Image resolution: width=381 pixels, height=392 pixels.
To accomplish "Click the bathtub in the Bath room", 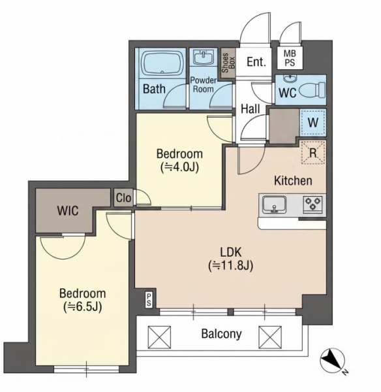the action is point(162,63).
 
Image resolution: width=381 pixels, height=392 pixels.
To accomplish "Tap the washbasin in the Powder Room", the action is point(204,56).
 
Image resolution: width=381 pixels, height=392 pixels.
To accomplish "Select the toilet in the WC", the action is point(312,90).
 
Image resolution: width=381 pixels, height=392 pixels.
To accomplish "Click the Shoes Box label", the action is point(228,63).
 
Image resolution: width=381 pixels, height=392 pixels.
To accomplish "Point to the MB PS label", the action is point(290,58).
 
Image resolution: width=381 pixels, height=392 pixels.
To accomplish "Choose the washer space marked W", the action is point(313,123).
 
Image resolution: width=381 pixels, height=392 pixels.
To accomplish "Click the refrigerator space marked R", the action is point(313,152).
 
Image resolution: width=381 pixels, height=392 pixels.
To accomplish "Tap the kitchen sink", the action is point(274,204).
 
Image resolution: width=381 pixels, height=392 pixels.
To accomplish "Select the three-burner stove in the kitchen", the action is point(312,204).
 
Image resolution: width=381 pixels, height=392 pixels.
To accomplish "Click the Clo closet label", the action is point(123,198).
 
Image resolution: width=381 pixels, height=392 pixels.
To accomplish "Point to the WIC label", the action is point(68,210).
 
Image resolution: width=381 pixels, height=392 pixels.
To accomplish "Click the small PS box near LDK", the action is point(149,299).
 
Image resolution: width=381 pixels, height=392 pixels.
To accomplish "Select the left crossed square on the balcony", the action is point(160,337).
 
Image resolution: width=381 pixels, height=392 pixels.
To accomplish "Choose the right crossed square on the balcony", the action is point(270,337).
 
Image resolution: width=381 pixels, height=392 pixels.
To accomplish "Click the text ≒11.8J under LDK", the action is point(231,265).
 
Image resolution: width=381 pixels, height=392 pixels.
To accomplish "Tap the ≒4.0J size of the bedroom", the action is point(180,167).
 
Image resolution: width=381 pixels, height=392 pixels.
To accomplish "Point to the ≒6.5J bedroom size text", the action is point(83,306).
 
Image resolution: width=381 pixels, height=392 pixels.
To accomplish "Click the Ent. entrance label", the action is point(256,61).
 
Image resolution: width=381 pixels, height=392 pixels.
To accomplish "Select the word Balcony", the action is point(221,334).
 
